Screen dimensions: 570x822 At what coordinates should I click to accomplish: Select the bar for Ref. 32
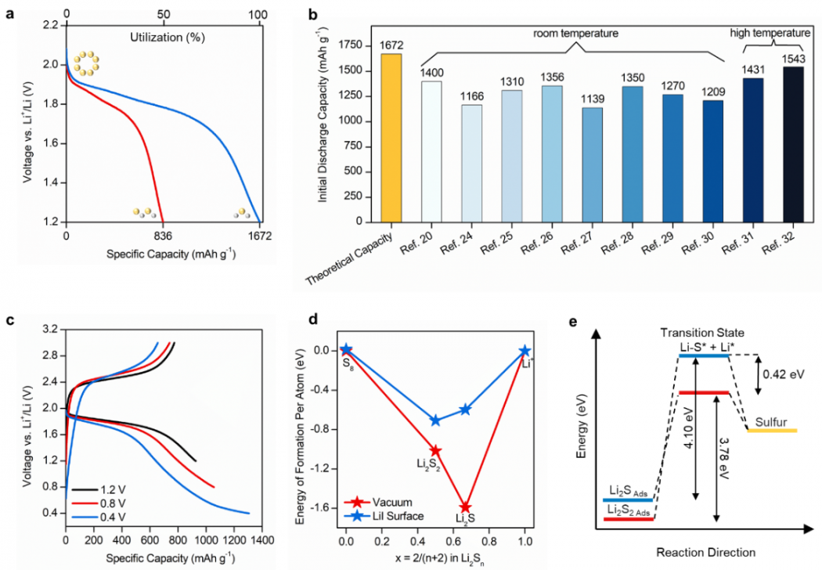pyautogui.click(x=798, y=144)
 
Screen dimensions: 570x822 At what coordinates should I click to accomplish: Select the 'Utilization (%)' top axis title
pyautogui.click(x=163, y=36)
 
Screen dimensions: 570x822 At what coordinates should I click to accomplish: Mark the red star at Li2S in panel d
pyautogui.click(x=466, y=507)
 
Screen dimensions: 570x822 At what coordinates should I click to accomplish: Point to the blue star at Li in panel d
pyautogui.click(x=525, y=352)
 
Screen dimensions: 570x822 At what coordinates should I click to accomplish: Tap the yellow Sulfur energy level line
pyautogui.click(x=772, y=430)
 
